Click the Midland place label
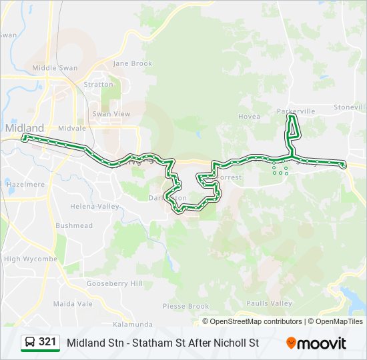[x=24, y=127]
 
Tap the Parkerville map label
[x=296, y=111]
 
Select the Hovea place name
[x=249, y=116]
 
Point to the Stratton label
[x=98, y=85]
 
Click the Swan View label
[x=111, y=114]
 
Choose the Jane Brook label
[x=133, y=63]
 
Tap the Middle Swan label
[x=55, y=68]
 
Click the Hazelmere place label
[x=25, y=183]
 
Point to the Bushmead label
[x=74, y=226]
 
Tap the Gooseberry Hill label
[x=115, y=283]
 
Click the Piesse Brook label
[x=186, y=307]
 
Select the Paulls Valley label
[x=270, y=303]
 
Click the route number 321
[x=47, y=342]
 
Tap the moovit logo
[x=316, y=343]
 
